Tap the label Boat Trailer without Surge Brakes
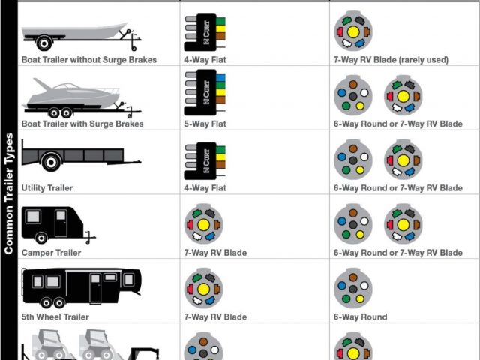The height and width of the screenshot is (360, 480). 89,59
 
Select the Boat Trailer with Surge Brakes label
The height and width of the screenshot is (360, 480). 82,124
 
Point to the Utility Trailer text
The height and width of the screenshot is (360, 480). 47,188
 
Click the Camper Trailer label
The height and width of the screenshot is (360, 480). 51,253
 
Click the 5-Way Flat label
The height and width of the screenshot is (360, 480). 205,124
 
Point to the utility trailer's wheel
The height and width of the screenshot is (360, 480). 51,161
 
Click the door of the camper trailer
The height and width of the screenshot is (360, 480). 60,223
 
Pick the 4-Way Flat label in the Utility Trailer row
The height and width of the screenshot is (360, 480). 205,188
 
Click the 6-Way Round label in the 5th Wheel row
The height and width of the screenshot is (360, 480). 361,316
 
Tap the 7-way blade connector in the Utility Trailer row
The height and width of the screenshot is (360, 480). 403,160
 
